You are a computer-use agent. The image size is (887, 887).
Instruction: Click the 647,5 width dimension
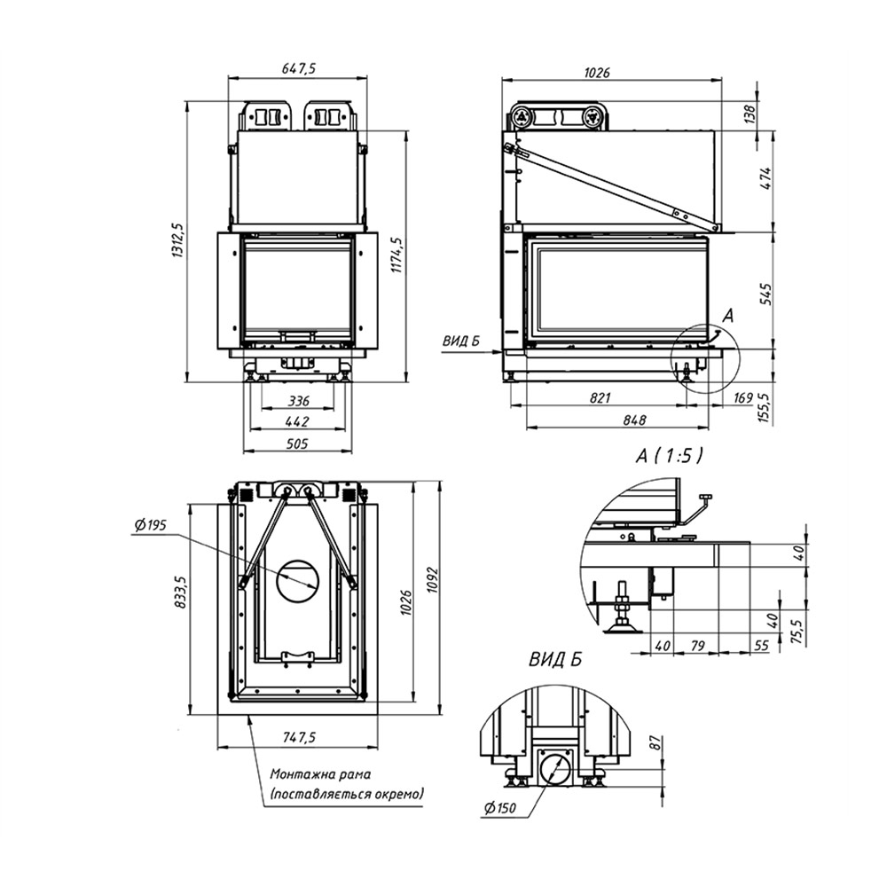(x=298, y=68)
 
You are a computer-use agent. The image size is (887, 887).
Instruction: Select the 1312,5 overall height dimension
(x=177, y=240)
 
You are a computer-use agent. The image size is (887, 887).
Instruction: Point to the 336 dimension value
(x=299, y=401)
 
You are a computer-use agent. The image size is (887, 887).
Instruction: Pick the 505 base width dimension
(x=297, y=443)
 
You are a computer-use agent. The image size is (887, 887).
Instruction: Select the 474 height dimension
(x=765, y=178)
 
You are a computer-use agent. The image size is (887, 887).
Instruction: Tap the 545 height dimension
(x=765, y=294)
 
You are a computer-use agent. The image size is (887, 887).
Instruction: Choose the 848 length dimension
(x=634, y=420)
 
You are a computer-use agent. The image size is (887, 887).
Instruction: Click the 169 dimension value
(x=742, y=398)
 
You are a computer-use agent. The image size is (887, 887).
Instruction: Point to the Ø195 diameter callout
(x=151, y=525)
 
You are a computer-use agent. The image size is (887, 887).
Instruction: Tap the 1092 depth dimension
(x=433, y=579)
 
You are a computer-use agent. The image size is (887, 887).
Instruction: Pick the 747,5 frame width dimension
(x=298, y=738)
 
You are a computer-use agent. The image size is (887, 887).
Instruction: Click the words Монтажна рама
(x=320, y=773)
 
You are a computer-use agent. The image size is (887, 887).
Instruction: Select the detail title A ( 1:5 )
(x=669, y=456)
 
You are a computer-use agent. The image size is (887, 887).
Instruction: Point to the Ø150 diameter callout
(x=500, y=808)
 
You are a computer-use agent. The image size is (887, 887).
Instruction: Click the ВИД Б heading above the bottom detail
(x=555, y=660)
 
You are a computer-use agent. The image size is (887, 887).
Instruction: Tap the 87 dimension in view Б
(x=655, y=742)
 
